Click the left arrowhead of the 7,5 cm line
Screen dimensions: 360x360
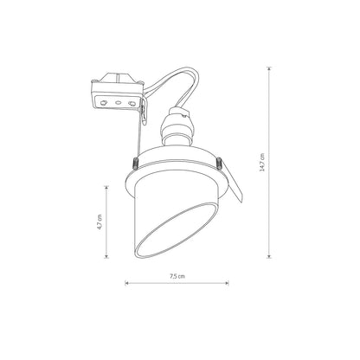click(126, 284)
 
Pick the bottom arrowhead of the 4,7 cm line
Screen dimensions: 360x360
click(107, 256)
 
